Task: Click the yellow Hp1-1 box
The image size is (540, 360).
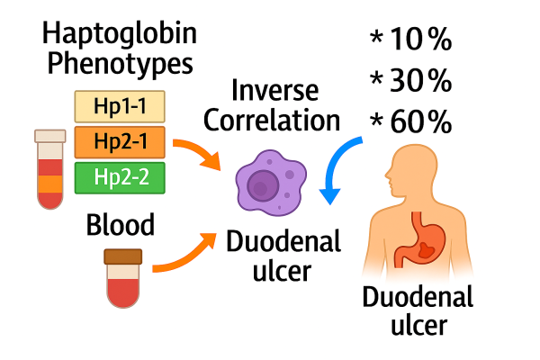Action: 120,107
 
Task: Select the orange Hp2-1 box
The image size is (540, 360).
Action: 120,142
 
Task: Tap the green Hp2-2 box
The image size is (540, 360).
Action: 120,177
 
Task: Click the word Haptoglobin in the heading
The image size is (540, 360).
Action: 120,36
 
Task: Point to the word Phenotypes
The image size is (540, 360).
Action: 120,67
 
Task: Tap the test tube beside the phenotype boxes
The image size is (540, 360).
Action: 50,169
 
